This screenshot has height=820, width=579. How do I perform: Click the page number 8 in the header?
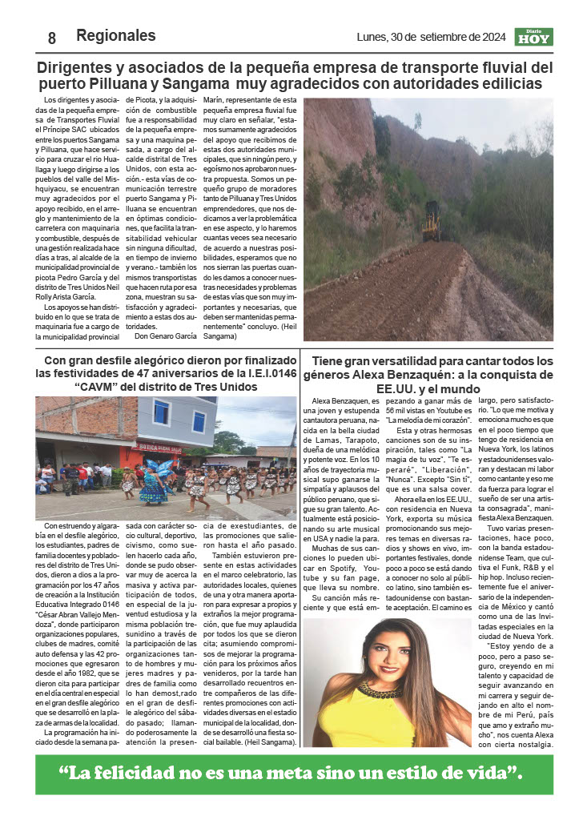click(x=52, y=38)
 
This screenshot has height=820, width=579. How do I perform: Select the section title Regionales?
click(x=115, y=36)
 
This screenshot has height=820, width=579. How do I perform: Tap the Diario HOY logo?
click(x=533, y=37)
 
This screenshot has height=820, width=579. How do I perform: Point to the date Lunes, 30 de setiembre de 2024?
click(x=430, y=37)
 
